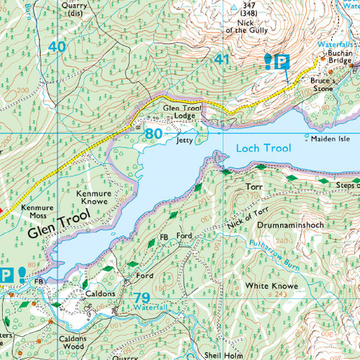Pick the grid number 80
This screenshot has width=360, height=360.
[153, 134]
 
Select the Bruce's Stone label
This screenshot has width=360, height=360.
[324, 86]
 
